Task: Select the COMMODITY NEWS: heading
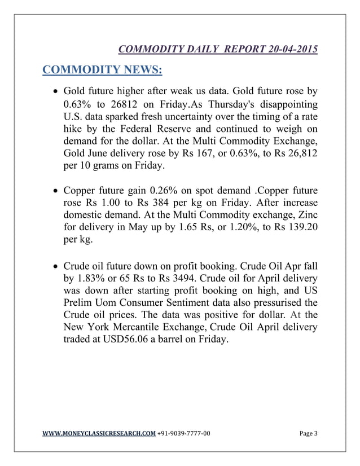pos(103,71)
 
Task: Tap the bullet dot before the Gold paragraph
pos(54,91)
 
